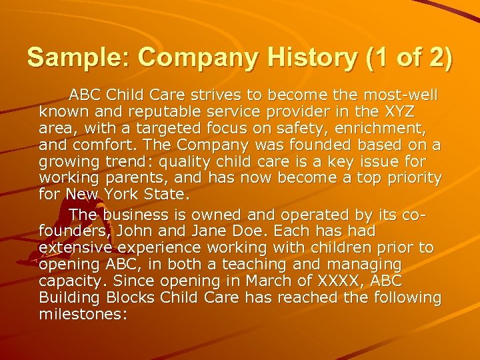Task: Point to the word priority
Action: click(x=410, y=178)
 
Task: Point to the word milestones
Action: click(x=83, y=313)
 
